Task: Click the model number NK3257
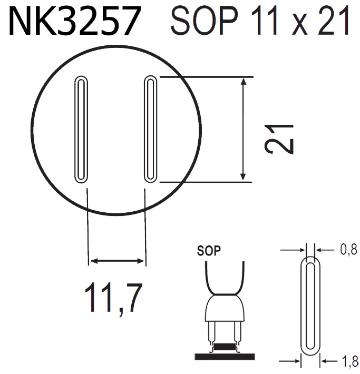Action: [x=74, y=21]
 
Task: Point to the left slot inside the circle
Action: [x=81, y=129]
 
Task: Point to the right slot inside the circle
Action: [x=150, y=129]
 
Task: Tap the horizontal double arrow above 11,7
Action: [x=116, y=260]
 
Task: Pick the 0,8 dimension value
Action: [x=347, y=250]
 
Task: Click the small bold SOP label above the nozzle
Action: [x=209, y=250]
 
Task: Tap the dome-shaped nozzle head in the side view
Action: [x=225, y=309]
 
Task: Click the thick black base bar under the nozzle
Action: [x=225, y=357]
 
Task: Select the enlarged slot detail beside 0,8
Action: [x=311, y=306]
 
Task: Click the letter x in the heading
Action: [x=299, y=25]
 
